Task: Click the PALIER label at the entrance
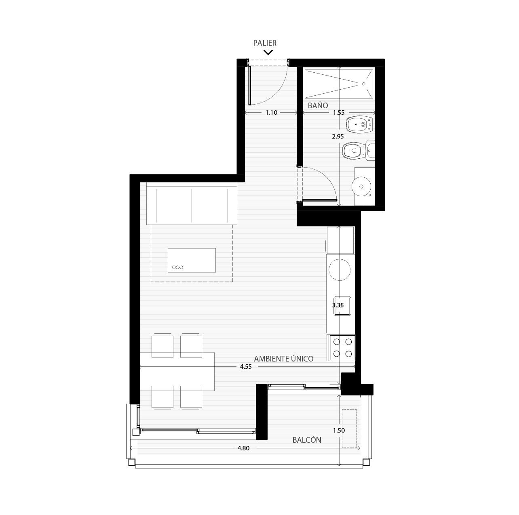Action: [x=265, y=43]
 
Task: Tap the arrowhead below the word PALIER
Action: [x=268, y=52]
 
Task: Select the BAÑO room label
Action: [x=318, y=105]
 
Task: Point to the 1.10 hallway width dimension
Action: [x=271, y=113]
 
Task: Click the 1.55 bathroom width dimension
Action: [x=339, y=113]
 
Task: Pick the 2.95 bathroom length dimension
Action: [x=338, y=137]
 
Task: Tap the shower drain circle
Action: [x=364, y=84]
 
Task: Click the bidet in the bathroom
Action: [x=359, y=125]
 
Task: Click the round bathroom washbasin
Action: [x=361, y=186]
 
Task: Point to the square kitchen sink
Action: [x=342, y=306]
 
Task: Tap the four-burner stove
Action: [x=342, y=347]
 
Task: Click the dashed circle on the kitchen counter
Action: [x=340, y=270]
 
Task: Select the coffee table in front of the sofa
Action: [x=192, y=260]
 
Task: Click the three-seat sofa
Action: [x=192, y=204]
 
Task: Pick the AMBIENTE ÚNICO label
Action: [x=284, y=359]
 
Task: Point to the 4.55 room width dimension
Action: [x=246, y=367]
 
